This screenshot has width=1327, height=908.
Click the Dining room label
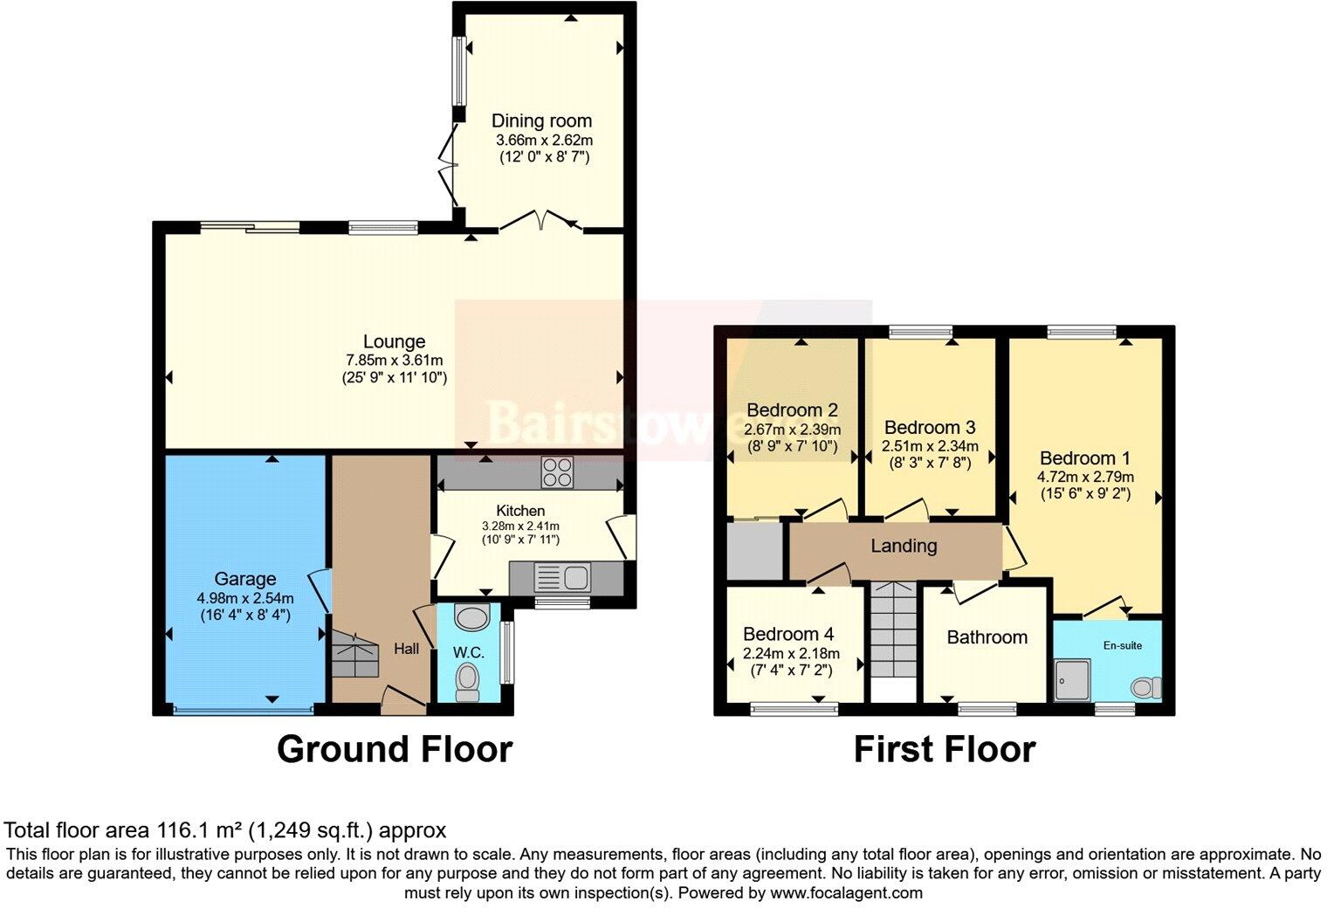pyautogui.click(x=541, y=120)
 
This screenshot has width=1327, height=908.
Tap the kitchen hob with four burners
pyautogui.click(x=557, y=472)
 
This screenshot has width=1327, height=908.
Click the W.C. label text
pyautogui.click(x=469, y=652)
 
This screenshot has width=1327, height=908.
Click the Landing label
pyautogui.click(x=904, y=547)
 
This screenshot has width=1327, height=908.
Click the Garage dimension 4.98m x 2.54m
pyautogui.click(x=245, y=598)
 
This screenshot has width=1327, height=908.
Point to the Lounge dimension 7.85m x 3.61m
pyautogui.click(x=395, y=361)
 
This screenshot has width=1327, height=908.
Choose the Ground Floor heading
pyautogui.click(x=395, y=749)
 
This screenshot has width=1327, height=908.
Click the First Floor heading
pyautogui.click(x=945, y=749)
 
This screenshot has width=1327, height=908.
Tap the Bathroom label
pyautogui.click(x=987, y=637)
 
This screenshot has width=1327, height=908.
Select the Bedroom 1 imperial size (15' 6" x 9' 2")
pyautogui.click(x=1085, y=494)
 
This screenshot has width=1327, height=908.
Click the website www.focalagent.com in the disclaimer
pyautogui.click(x=846, y=893)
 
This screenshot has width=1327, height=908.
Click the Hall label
pyautogui.click(x=407, y=649)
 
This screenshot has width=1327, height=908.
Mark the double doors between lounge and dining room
pyautogui.click(x=541, y=222)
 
